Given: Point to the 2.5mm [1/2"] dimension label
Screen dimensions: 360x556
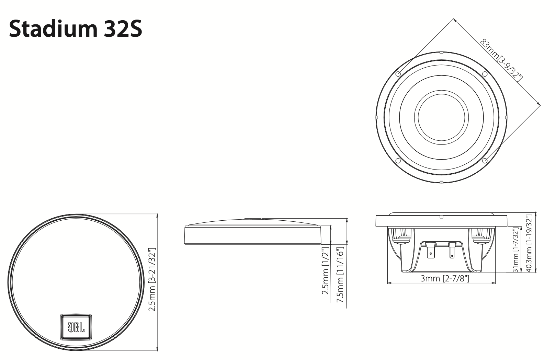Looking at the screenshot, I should [x=325, y=271].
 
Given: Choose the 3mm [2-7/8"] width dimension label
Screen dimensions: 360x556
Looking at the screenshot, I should [x=445, y=278].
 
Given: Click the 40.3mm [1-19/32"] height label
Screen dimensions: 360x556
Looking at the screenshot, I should [x=529, y=244].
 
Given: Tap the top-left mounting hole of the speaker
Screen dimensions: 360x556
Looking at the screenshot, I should [x=398, y=74].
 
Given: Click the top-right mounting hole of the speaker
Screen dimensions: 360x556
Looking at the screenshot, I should [x=485, y=74].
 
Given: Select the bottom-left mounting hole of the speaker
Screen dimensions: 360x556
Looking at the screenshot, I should [x=398, y=161].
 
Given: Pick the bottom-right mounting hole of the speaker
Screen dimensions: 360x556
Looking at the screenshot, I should [x=485, y=161].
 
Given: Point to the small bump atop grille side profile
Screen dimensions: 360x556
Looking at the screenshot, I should [x=253, y=218].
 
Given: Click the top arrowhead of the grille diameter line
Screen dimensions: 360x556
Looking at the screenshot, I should [x=157, y=215].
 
